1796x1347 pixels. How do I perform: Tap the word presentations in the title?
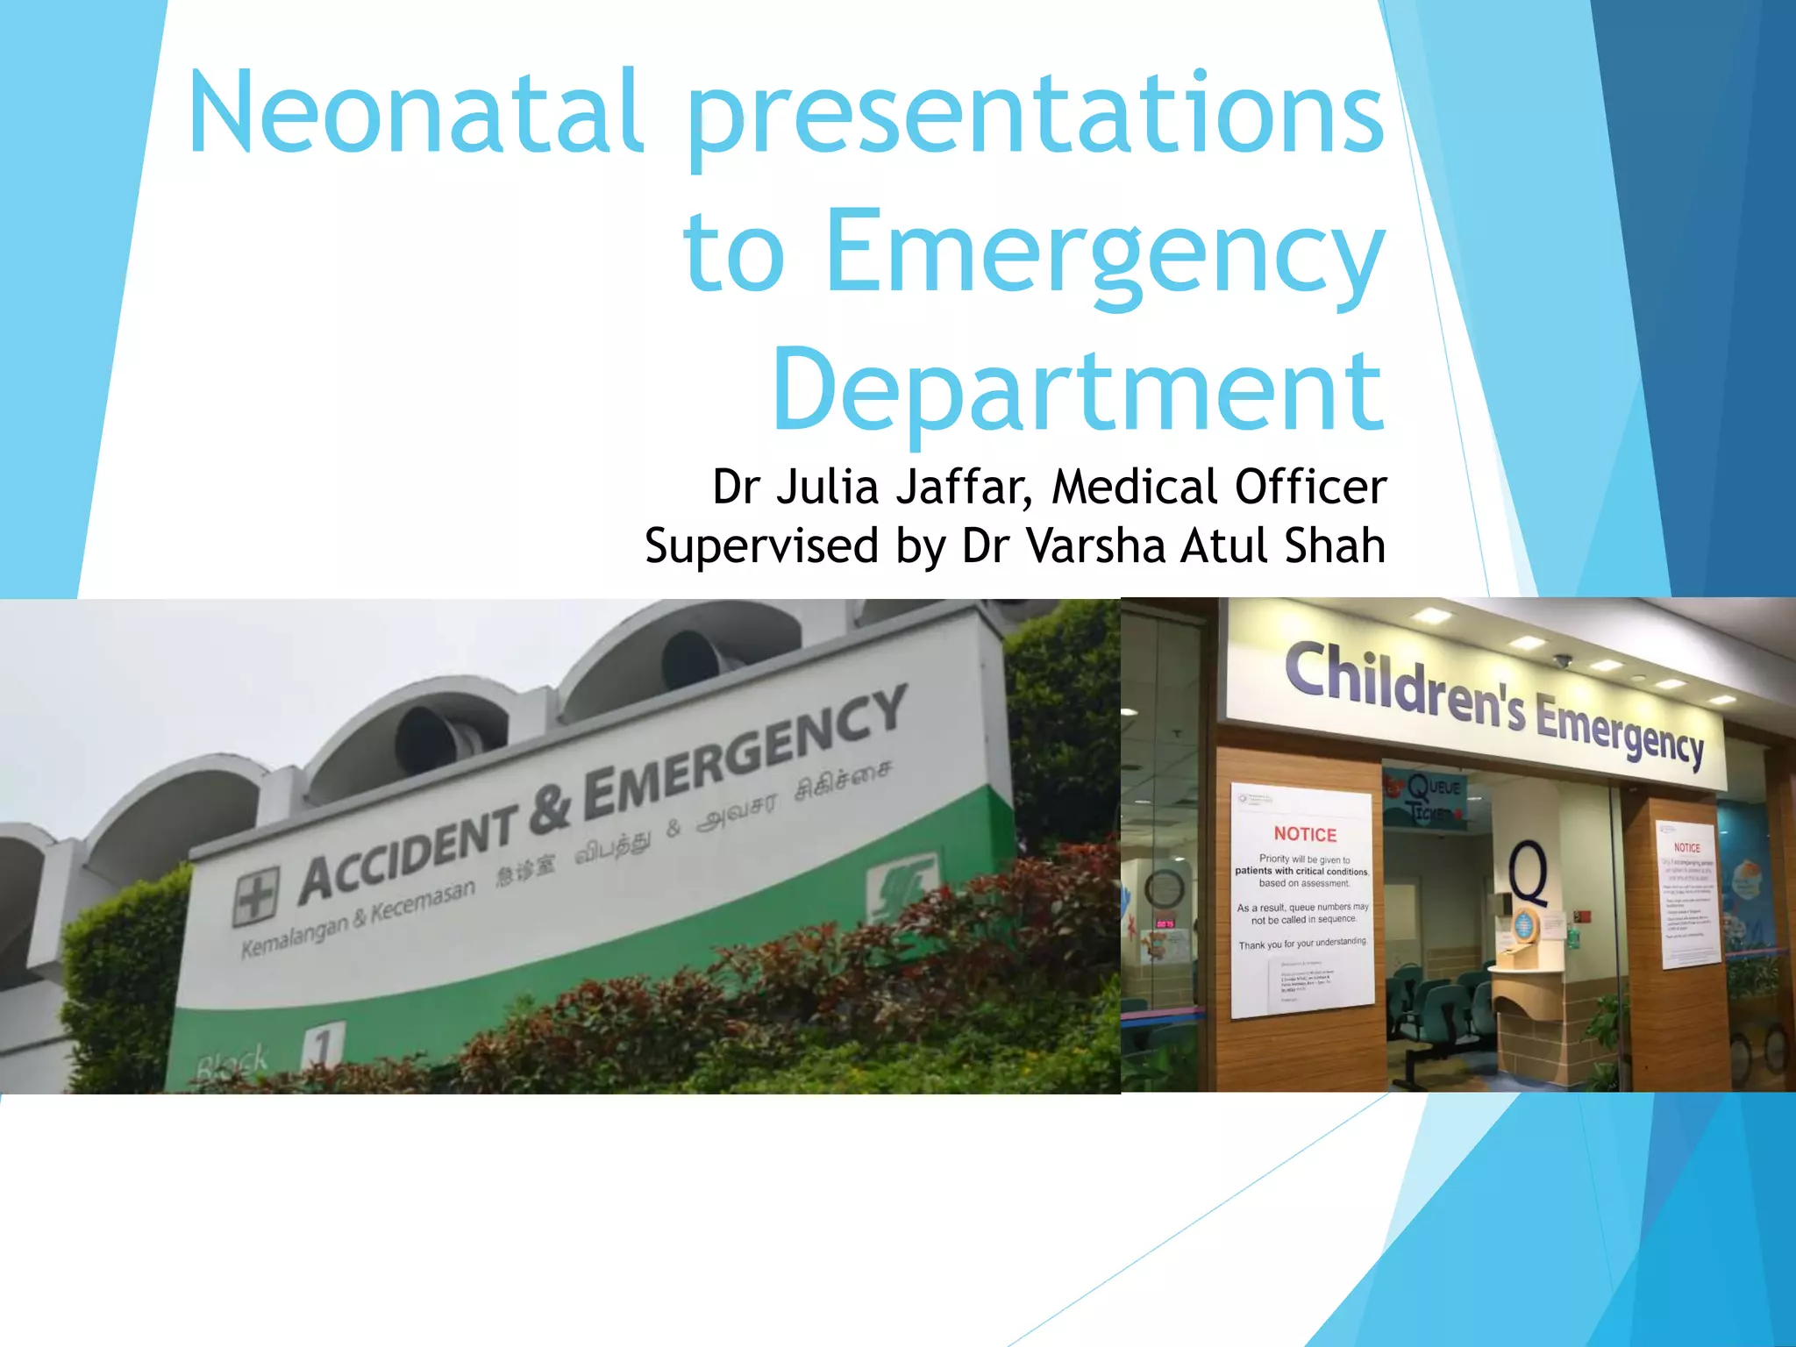1035,118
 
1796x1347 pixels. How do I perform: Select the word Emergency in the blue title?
1105,254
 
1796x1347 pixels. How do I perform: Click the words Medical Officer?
1219,487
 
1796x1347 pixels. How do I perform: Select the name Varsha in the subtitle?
1096,545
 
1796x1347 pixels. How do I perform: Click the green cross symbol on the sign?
256,896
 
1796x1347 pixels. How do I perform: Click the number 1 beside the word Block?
324,1049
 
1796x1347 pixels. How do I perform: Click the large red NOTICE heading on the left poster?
1305,834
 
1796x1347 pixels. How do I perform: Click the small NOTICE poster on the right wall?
1688,894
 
